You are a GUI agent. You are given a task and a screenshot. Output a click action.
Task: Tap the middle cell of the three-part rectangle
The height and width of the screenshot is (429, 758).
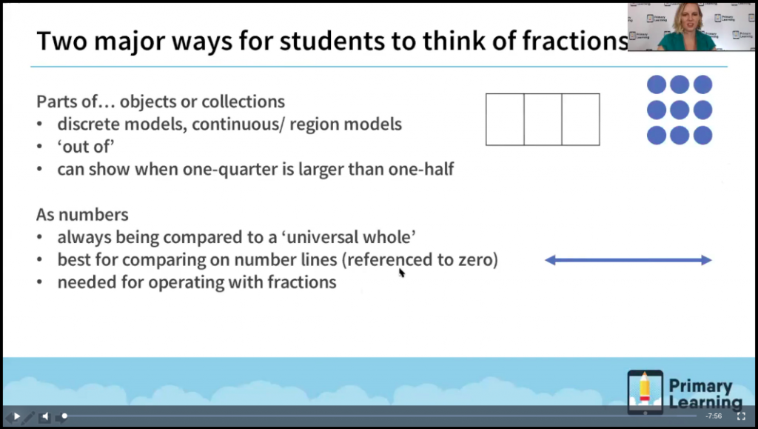click(543, 119)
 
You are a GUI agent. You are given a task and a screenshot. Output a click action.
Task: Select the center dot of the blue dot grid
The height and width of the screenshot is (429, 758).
click(680, 110)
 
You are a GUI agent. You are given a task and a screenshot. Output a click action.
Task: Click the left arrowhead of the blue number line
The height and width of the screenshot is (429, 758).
click(550, 260)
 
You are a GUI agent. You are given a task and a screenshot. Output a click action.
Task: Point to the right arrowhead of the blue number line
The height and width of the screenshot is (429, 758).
click(706, 260)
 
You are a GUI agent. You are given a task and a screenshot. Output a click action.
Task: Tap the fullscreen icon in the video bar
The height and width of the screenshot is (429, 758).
click(740, 416)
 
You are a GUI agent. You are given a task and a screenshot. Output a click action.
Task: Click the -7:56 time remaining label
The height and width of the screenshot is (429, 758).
click(714, 416)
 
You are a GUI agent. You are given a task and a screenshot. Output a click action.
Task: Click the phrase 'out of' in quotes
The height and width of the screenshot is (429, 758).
click(86, 147)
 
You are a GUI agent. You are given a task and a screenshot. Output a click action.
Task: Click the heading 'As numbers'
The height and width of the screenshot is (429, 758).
click(82, 215)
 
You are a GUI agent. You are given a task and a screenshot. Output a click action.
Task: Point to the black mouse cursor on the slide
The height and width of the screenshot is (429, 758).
click(401, 272)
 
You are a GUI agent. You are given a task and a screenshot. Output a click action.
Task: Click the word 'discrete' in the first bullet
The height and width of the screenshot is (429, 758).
click(87, 124)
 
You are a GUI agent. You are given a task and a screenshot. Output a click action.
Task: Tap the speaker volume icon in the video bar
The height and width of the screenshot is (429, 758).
click(44, 416)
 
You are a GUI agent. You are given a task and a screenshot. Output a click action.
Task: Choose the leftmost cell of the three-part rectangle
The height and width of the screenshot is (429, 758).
click(505, 119)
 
